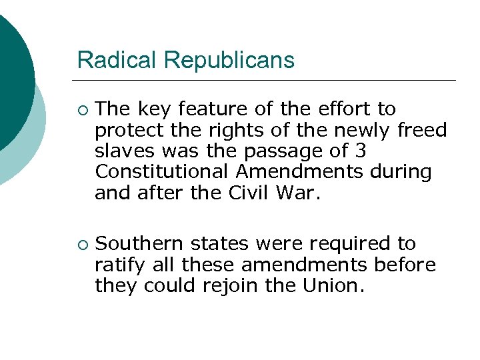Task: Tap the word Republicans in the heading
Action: click(229, 61)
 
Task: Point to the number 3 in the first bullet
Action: click(361, 151)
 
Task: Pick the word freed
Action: click(422, 129)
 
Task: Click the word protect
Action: click(129, 129)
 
